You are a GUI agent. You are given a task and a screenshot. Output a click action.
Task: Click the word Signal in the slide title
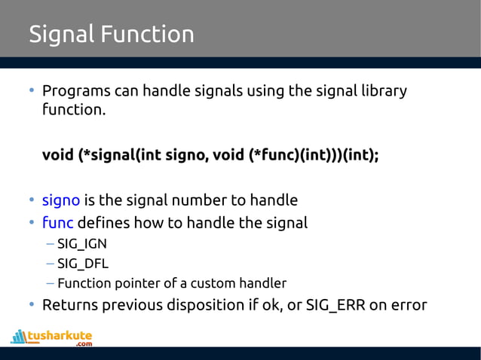pyautogui.click(x=60, y=35)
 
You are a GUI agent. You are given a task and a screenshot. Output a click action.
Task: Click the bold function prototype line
pyautogui.click(x=210, y=155)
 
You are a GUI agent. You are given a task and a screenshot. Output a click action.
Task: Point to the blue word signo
pyautogui.click(x=60, y=200)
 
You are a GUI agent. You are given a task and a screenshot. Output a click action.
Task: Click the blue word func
pyautogui.click(x=57, y=223)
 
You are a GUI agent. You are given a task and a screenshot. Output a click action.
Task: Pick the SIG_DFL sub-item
pyautogui.click(x=82, y=264)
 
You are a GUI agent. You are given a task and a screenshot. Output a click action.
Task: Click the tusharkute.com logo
pyautogui.click(x=52, y=337)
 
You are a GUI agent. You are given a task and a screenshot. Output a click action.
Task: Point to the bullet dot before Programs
pyautogui.click(x=32, y=91)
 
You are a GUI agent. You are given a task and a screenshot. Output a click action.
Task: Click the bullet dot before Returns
pyautogui.click(x=32, y=305)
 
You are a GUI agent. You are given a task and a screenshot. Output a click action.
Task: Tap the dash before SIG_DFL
pyautogui.click(x=49, y=264)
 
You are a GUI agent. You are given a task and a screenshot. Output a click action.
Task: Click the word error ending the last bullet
pyautogui.click(x=408, y=305)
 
